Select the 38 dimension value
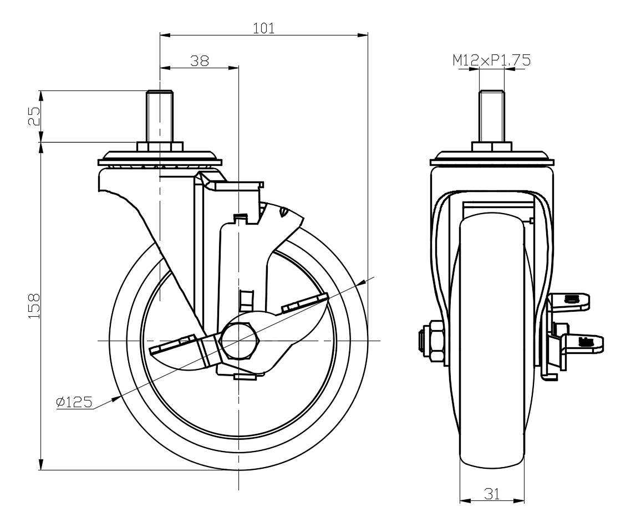[199, 61]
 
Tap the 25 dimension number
[34, 116]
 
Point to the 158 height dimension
[34, 305]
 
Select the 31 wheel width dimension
[492, 494]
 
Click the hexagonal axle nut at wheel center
[239, 339]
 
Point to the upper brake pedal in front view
[574, 300]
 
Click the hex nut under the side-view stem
[160, 147]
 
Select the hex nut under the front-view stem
[492, 147]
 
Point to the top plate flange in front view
[492, 161]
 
